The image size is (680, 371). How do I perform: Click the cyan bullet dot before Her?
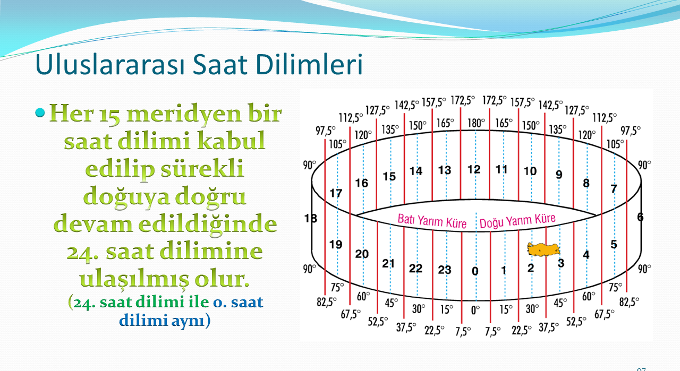(x=40, y=113)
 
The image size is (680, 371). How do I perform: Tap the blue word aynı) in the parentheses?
(x=191, y=321)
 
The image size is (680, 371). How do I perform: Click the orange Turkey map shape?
(x=543, y=249)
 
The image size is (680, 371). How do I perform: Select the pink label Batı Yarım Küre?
(x=432, y=221)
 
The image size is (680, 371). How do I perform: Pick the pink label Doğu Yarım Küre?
(x=517, y=220)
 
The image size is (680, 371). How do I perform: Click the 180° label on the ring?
(x=475, y=123)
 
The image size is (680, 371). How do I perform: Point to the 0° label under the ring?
(x=475, y=310)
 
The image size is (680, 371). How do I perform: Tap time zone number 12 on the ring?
(x=474, y=169)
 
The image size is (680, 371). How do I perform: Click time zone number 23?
(x=445, y=270)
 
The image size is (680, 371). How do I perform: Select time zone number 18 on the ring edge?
(x=311, y=218)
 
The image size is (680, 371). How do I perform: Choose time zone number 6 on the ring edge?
(x=640, y=217)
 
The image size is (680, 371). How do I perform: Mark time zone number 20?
(x=362, y=254)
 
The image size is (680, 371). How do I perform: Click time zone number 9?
(x=559, y=175)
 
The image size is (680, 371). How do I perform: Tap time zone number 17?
(x=336, y=193)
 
